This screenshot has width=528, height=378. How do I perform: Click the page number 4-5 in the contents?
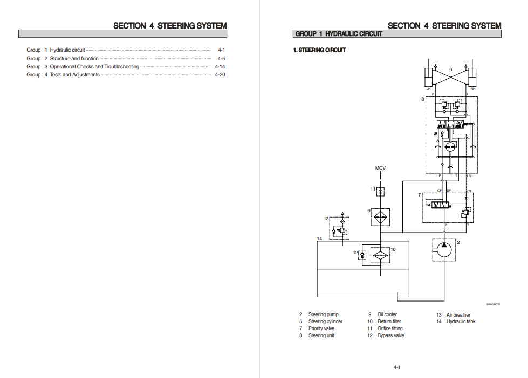(221, 58)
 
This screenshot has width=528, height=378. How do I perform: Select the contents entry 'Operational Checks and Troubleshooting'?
(94, 67)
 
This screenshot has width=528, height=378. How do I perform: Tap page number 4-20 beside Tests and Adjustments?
(220, 75)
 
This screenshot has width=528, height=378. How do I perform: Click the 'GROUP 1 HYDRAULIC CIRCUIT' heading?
(339, 34)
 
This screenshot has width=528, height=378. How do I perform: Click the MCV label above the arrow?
(380, 169)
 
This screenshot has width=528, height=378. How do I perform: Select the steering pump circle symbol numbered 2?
(443, 250)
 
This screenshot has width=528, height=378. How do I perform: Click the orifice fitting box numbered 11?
(380, 191)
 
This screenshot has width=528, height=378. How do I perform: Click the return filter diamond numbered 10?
(381, 255)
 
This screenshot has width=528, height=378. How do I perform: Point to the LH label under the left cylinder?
(428, 88)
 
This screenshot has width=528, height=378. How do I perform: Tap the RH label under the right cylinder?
(473, 88)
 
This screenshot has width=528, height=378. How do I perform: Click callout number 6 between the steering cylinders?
(451, 69)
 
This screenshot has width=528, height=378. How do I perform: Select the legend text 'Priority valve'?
(321, 328)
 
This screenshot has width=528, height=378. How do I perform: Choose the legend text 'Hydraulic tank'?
(461, 321)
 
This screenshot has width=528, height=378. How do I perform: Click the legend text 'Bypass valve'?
(390, 335)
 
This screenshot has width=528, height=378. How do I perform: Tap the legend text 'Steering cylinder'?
(325, 321)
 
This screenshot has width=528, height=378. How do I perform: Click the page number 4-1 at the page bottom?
(396, 367)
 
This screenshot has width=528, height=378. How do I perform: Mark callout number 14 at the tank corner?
(319, 238)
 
